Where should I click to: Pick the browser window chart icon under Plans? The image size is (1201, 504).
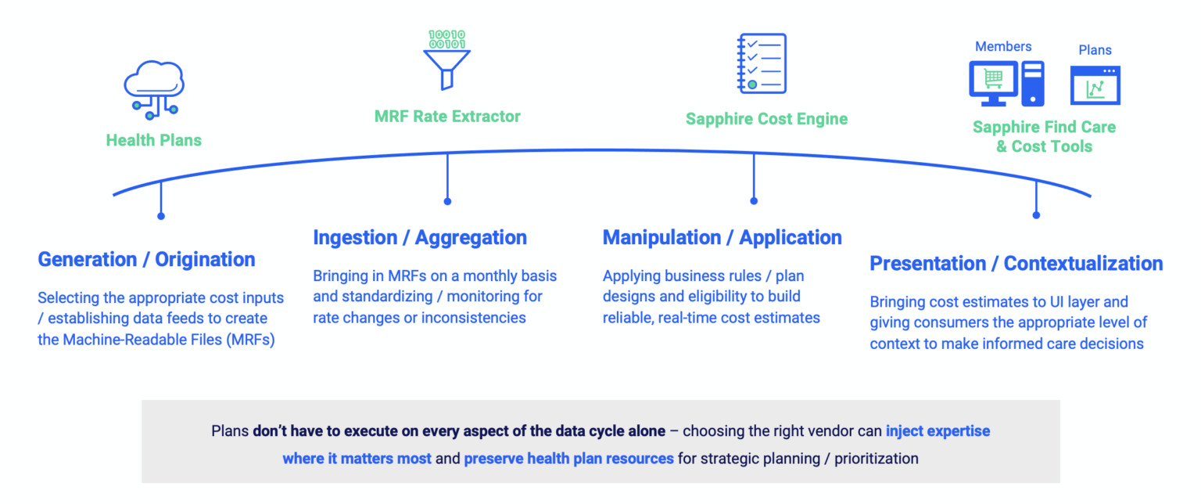tap(1095, 85)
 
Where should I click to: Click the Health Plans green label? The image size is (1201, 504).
tap(154, 141)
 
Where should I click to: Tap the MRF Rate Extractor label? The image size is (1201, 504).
tap(447, 117)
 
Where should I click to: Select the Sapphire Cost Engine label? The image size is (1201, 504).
tap(766, 119)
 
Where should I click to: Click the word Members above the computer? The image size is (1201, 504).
tap(1003, 47)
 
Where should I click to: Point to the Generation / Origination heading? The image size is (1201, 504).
tap(146, 260)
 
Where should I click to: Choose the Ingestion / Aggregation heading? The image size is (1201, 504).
tap(420, 238)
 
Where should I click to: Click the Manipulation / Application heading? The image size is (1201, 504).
tap(722, 238)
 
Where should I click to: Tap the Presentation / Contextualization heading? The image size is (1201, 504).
tap(1016, 264)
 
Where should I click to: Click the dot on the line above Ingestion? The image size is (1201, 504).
tap(447, 201)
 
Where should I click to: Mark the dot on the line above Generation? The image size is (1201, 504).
tap(161, 215)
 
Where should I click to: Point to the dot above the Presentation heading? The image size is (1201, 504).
tap(1036, 214)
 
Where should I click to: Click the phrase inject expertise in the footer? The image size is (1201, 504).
tap(937, 431)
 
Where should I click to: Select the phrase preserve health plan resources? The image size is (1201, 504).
tap(568, 459)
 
